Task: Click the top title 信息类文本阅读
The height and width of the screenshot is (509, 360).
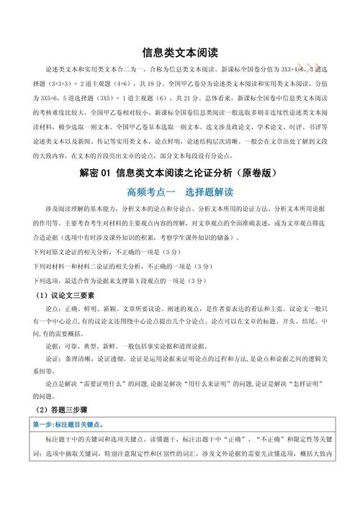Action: coord(180,53)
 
